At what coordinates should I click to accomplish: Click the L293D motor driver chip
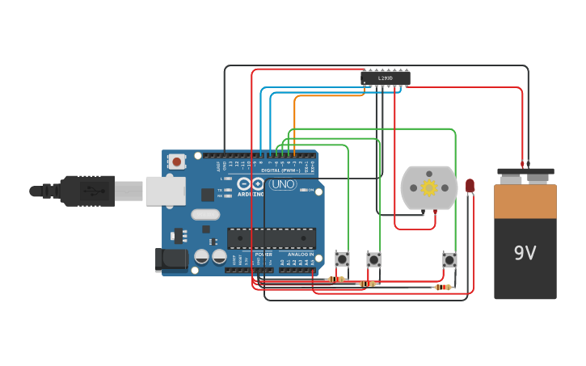click(x=386, y=78)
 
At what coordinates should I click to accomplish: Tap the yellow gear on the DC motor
click(x=429, y=187)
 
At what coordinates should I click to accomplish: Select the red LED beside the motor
click(x=470, y=186)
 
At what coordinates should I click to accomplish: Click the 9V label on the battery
click(x=525, y=253)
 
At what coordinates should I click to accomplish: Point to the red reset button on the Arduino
click(x=176, y=161)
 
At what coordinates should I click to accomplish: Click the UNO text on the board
click(x=283, y=184)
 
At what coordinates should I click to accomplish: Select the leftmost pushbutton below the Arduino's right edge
click(x=343, y=259)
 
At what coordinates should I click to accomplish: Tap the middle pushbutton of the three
click(x=373, y=259)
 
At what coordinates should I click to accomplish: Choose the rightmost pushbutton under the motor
click(x=449, y=259)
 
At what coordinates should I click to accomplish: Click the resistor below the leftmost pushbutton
click(x=336, y=279)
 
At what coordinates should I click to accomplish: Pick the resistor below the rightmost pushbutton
click(x=442, y=287)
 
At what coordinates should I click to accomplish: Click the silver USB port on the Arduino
click(x=165, y=191)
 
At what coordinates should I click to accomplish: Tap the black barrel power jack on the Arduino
click(x=171, y=259)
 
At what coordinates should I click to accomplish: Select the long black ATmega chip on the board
click(x=271, y=238)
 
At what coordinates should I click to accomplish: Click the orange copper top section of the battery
click(x=525, y=202)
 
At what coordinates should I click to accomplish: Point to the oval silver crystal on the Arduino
click(x=205, y=215)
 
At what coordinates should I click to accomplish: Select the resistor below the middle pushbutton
click(x=367, y=284)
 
